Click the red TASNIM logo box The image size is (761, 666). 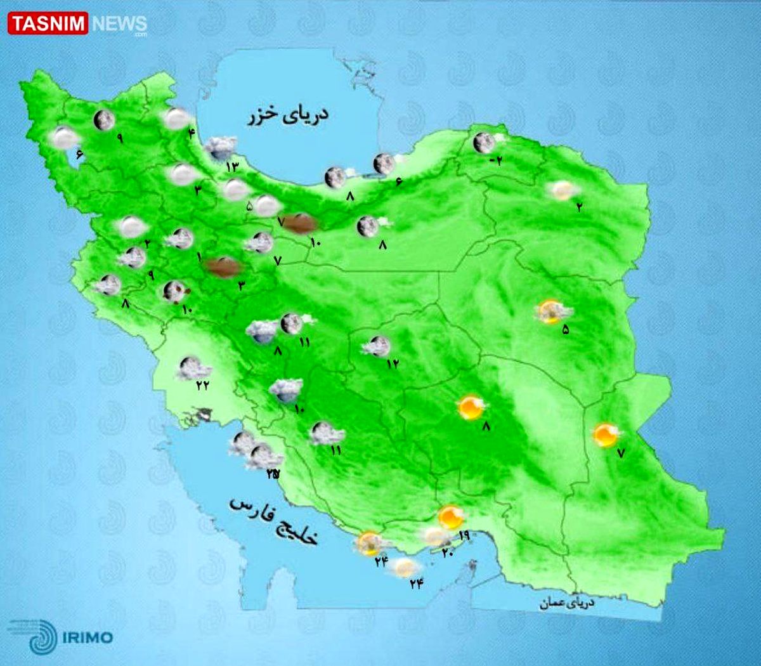pyautogui.click(x=48, y=23)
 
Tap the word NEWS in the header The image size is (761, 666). pyautogui.click(x=119, y=24)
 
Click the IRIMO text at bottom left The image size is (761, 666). pyautogui.click(x=88, y=637)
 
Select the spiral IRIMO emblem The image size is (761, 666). pyautogui.click(x=41, y=636)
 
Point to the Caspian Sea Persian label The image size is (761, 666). pyautogui.click(x=289, y=116)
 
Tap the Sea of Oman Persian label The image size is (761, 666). pyautogui.click(x=567, y=603)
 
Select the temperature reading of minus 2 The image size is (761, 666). pyautogui.click(x=495, y=160)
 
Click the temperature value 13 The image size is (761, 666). pyautogui.click(x=231, y=167)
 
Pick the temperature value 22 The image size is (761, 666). pyautogui.click(x=202, y=385)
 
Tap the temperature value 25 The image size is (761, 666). pyautogui.click(x=272, y=474)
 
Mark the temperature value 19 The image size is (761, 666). pyautogui.click(x=463, y=535)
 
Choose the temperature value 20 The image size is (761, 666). pyautogui.click(x=447, y=552)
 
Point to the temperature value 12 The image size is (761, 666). pyautogui.click(x=392, y=363)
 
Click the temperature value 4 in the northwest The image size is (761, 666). pyautogui.click(x=191, y=133)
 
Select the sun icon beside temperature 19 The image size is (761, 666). pyautogui.click(x=451, y=517)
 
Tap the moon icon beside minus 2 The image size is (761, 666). pyautogui.click(x=484, y=142)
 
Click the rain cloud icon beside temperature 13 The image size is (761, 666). pyautogui.click(x=220, y=148)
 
